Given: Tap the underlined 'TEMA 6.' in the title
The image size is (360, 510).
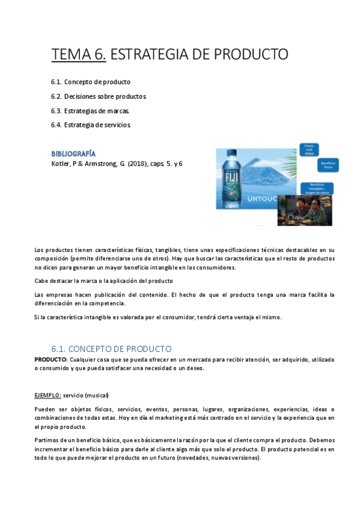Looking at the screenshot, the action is [x=79, y=55].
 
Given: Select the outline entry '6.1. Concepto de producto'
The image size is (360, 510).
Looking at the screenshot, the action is [x=91, y=82].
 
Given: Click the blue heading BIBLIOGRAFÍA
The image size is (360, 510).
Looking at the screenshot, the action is [x=73, y=153].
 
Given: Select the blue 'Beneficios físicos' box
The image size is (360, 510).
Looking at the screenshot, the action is [x=328, y=165].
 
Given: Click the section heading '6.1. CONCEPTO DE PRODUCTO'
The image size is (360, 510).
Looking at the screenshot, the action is [x=111, y=349].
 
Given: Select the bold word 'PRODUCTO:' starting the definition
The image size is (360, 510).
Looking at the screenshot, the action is [x=51, y=359].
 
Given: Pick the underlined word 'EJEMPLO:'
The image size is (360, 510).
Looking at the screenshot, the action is [x=47, y=395].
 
